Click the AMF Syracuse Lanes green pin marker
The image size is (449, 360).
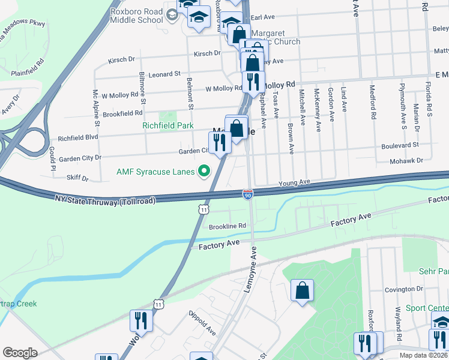[x=204, y=172]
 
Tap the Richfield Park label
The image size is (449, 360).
[x=167, y=126]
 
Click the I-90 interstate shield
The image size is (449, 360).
[x=248, y=194]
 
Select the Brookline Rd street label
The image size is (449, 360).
[x=228, y=226]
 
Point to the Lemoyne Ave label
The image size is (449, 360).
[x=253, y=269]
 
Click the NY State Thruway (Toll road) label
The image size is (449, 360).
[x=105, y=199]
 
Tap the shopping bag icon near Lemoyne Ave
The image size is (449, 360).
[x=302, y=290]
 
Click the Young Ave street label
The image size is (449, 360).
[x=294, y=182]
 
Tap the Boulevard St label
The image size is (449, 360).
[x=399, y=145]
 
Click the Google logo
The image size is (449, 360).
[x=20, y=352]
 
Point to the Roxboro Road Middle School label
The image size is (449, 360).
[x=136, y=15]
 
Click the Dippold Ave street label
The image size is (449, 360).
[x=202, y=322]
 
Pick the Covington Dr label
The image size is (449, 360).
[x=400, y=289]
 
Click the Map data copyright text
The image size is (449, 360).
[x=423, y=355]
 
